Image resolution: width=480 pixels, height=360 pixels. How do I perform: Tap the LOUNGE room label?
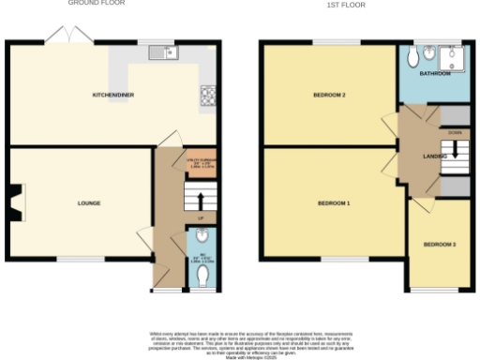click(89, 202)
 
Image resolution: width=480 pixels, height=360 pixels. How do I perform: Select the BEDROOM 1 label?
click(334, 202)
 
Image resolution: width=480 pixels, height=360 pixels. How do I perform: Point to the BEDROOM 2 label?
click(330, 95)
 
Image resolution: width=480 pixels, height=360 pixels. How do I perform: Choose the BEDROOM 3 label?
click(440, 245)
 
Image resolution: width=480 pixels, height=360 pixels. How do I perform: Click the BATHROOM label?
click(435, 73)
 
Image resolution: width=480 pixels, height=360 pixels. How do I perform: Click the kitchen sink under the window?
click(168, 52)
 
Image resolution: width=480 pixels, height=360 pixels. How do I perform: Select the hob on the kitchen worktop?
click(206, 94)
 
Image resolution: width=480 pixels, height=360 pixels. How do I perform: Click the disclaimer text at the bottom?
click(241, 343)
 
